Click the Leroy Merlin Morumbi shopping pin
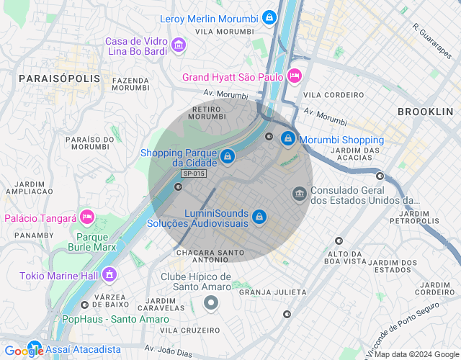pyautogui.click(x=269, y=17)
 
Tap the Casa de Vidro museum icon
pyautogui.click(x=179, y=47)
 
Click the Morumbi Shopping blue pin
pyautogui.click(x=287, y=137)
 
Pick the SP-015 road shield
pyautogui.click(x=194, y=174)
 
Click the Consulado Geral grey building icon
pyautogui.click(x=299, y=194)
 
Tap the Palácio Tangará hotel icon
pyautogui.click(x=87, y=217)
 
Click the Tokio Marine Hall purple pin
pyautogui.click(x=109, y=274)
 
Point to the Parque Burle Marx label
pyautogui.click(x=97, y=242)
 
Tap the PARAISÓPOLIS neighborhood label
pyautogui.click(x=54, y=78)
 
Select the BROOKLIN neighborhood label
pyautogui.click(x=425, y=112)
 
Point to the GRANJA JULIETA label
pyautogui.click(x=273, y=292)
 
